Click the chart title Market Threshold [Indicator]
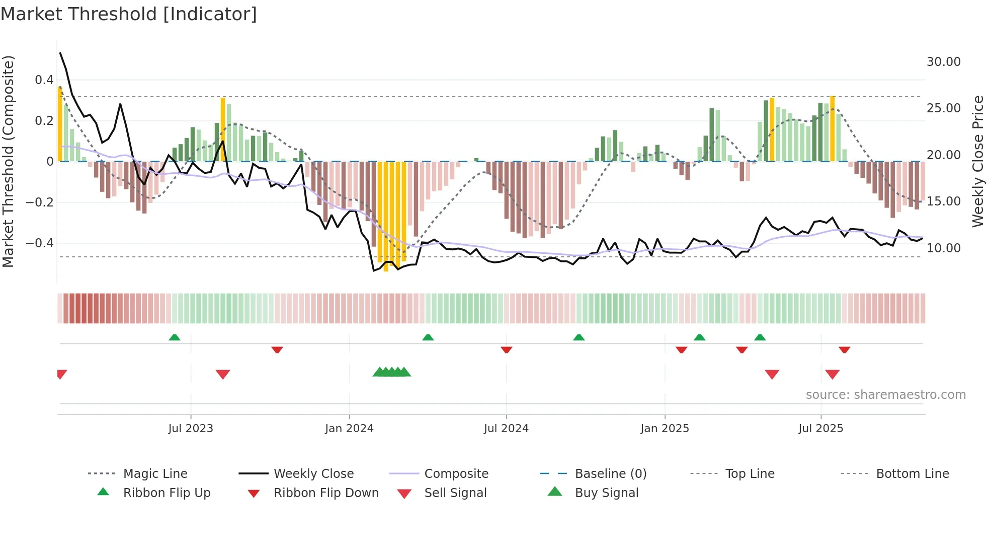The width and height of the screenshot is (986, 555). click(129, 14)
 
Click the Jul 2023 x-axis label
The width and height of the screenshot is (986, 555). click(191, 429)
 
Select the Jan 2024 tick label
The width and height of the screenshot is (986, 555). click(349, 429)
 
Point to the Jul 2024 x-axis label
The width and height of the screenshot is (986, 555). click(506, 429)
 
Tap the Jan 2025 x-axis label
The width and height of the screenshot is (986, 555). click(665, 429)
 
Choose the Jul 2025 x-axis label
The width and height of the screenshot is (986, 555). click(820, 429)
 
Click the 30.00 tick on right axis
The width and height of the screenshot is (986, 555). click(943, 62)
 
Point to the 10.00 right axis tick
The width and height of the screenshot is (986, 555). click(943, 248)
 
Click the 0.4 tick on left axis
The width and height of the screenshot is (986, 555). click(44, 80)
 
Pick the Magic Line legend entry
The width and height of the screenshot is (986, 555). click(155, 474)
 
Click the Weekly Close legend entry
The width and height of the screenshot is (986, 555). click(313, 474)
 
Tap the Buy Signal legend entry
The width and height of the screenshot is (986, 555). click(606, 493)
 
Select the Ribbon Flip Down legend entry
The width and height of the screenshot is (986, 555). click(326, 493)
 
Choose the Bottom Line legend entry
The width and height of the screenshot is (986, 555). click(912, 474)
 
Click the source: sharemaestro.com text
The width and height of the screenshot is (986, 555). click(885, 395)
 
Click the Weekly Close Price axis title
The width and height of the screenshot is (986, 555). click(977, 161)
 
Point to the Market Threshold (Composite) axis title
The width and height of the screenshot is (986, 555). click(8, 161)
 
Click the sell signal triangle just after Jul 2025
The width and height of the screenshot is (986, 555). click(832, 374)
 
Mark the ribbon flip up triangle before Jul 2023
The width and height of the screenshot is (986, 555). click(175, 337)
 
